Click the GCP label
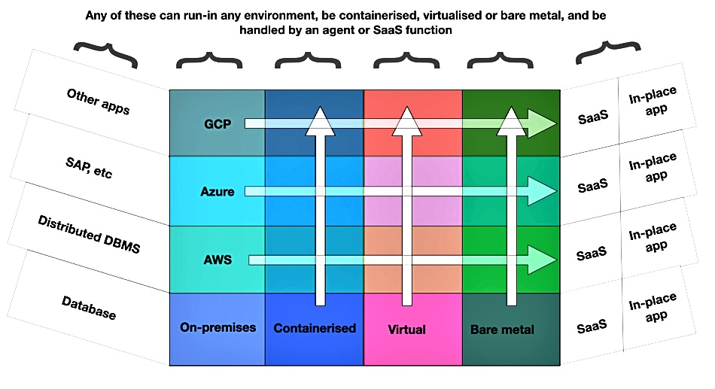218,124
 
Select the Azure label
218,192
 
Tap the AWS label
218,260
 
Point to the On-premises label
218,327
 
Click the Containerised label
315,328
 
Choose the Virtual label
406,330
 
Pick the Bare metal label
502,330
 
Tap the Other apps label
98,102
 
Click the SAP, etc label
89,167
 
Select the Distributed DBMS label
89,235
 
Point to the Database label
89,308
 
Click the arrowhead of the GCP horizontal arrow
543,123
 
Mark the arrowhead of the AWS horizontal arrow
543,260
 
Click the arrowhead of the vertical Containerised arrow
320,121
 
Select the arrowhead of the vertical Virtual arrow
406,121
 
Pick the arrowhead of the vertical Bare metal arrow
512,121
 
